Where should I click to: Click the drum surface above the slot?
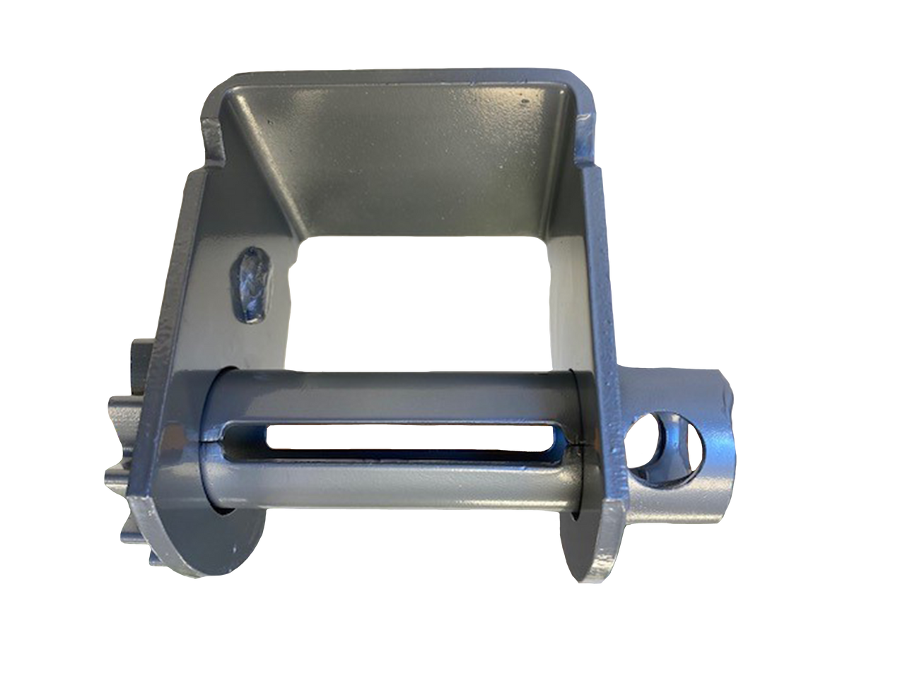pyautogui.click(x=389, y=395)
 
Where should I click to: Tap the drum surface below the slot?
pyautogui.click(x=389, y=484)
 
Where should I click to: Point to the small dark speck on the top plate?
pyautogui.click(x=525, y=102)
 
